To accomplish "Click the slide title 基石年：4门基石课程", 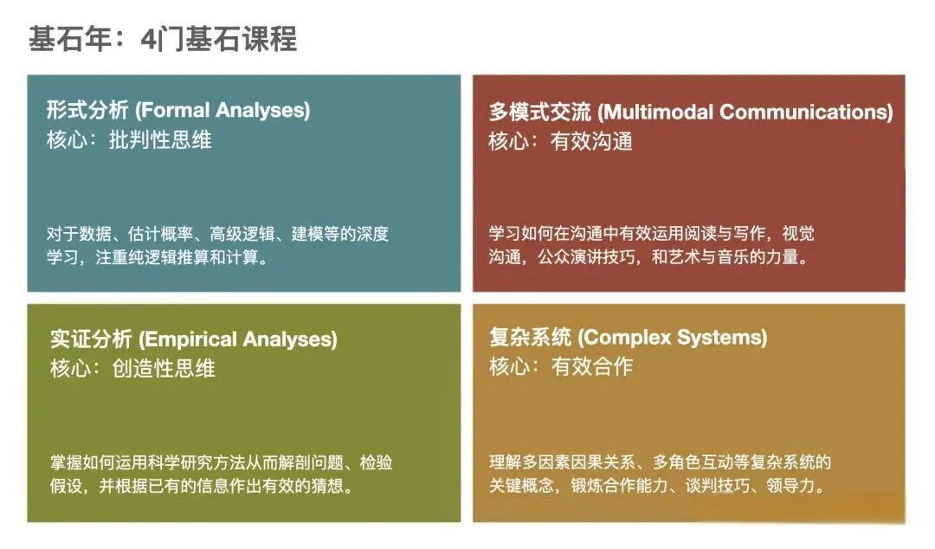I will click(x=163, y=39).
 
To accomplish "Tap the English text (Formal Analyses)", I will click(x=223, y=110).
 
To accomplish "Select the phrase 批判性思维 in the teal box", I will click(x=160, y=139).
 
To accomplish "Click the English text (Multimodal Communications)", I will click(x=745, y=112).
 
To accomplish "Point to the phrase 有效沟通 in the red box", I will click(x=591, y=141).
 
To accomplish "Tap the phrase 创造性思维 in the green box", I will click(x=164, y=368).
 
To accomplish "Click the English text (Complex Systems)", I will click(x=673, y=337).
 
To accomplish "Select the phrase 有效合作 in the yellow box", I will click(x=592, y=366).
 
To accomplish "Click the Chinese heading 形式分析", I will click(x=88, y=110).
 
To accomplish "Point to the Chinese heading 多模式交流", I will click(x=540, y=112).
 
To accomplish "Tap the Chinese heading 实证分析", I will click(x=91, y=339).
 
